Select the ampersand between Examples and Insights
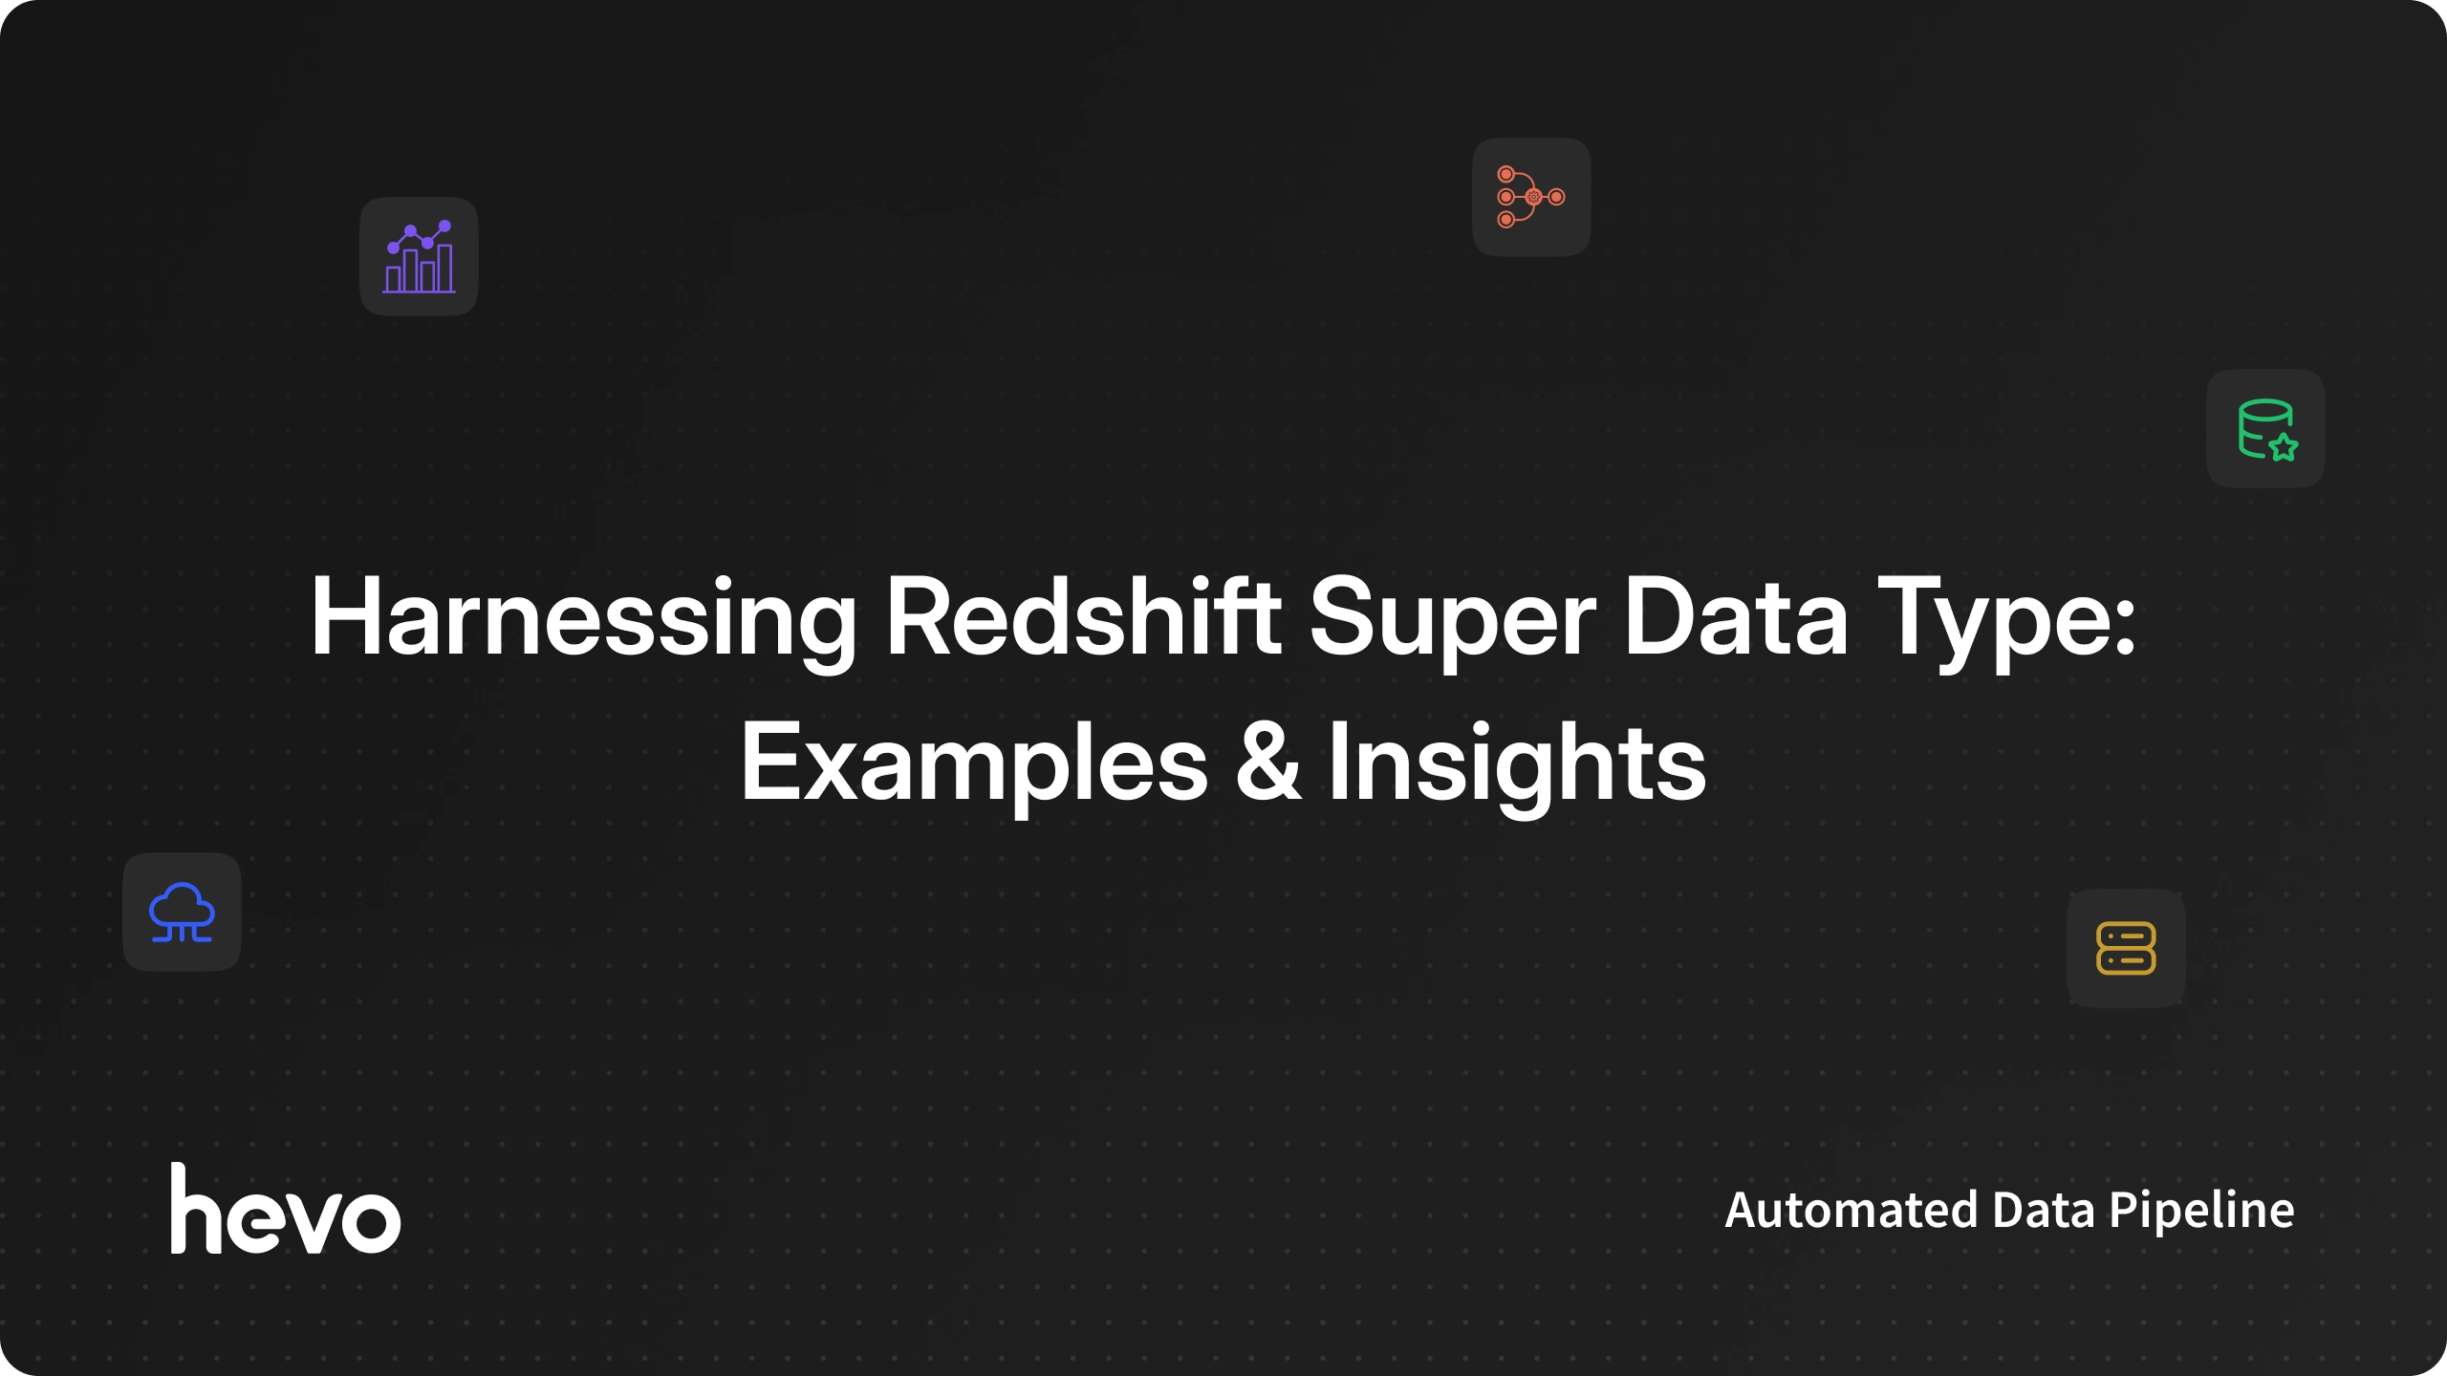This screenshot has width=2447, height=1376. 1268,762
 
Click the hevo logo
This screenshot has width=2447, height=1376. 285,1208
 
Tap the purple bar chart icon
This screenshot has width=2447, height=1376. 419,256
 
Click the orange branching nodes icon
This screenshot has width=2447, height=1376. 1531,197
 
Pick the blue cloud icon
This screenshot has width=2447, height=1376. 182,913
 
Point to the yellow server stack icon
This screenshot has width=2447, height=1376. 2126,948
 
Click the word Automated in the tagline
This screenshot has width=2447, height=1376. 1851,1210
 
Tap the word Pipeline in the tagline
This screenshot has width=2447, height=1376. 2201,1212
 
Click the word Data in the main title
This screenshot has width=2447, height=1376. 1735,616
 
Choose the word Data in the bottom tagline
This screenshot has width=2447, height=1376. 2044,1210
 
